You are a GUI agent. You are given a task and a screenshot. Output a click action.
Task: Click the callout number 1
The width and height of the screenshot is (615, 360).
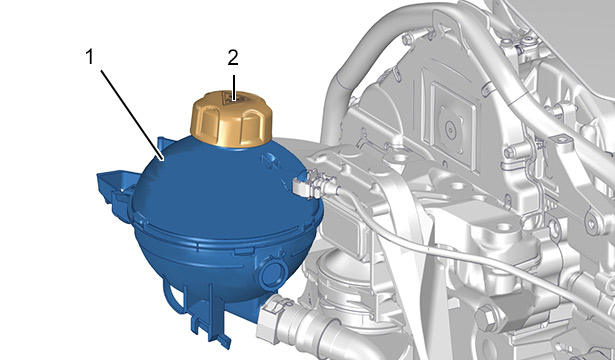tap(90, 57)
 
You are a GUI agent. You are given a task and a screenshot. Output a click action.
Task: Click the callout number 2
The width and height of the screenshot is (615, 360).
tap(233, 58)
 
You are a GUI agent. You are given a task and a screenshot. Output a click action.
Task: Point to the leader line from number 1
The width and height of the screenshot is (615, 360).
tap(132, 115)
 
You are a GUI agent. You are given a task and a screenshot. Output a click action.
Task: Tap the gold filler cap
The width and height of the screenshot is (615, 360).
tap(231, 119)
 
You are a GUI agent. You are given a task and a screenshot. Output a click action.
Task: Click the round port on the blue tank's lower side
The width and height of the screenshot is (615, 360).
tap(273, 273)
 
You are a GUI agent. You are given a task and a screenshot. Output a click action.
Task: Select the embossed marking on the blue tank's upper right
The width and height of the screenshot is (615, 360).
tap(270, 160)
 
